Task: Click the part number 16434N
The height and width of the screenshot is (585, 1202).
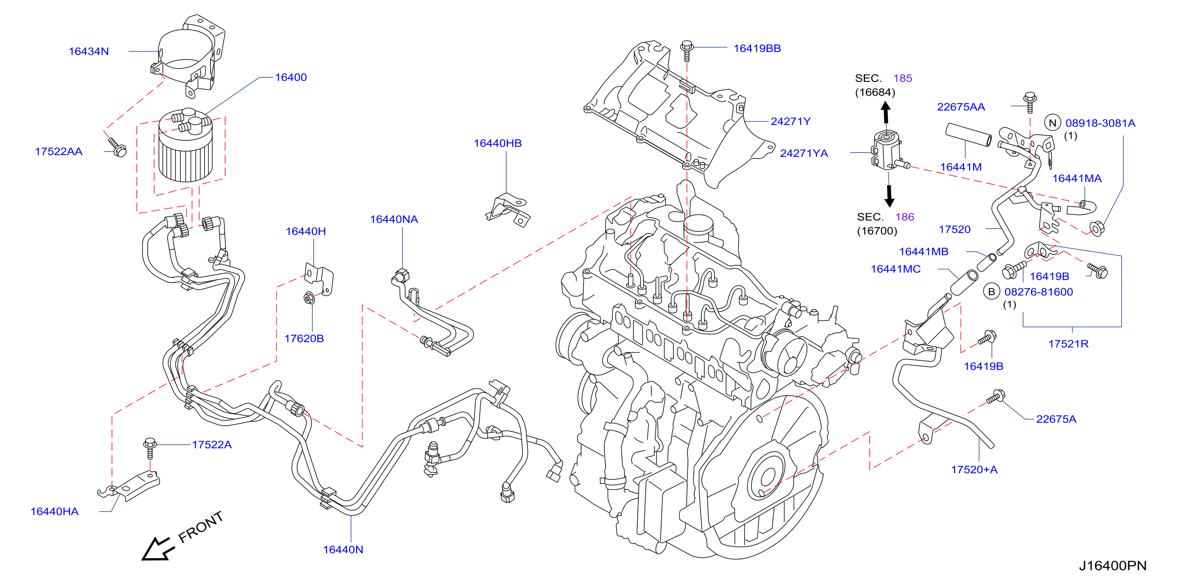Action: coord(89,51)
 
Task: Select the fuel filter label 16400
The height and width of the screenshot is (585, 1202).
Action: coord(291,77)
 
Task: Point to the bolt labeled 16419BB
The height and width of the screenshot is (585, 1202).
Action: coord(687,51)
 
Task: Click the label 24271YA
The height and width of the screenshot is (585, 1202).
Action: coord(804,153)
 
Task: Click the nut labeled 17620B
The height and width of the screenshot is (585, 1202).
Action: coord(309,297)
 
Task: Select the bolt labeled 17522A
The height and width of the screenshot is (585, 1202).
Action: coord(150,448)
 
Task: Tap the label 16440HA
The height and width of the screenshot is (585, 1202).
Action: coord(54,512)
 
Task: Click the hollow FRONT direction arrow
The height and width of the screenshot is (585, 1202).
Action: coord(157,549)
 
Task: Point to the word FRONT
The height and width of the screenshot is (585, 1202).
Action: coord(201,527)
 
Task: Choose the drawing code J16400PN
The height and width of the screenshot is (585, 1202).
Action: coord(1113,566)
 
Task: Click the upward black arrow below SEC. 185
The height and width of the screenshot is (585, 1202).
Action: coord(886,112)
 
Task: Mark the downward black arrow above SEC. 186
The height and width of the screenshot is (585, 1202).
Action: coord(889,196)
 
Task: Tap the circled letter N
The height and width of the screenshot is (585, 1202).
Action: coord(1052,123)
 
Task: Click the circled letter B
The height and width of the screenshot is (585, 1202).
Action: coord(991,292)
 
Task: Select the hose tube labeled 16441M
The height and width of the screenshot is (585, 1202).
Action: coord(969,135)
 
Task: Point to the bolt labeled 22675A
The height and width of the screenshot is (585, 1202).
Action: coord(996,397)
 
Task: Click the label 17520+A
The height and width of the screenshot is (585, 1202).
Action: coord(974,470)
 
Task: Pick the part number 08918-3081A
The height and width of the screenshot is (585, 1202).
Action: coord(1100,123)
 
